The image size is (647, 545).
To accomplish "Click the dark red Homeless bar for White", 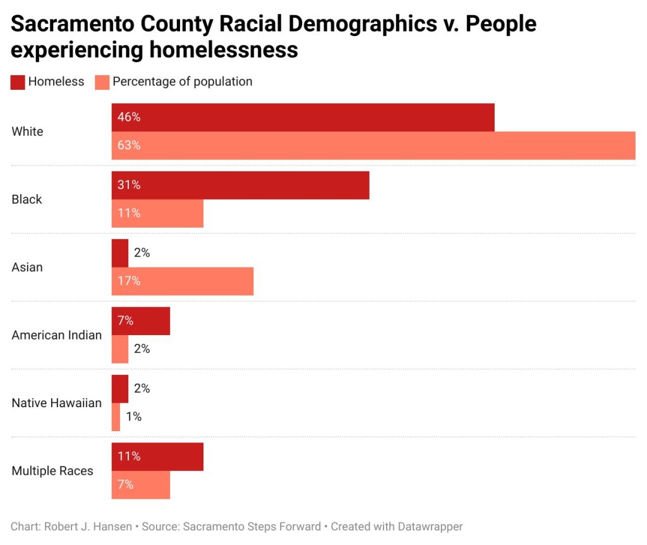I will click(x=303, y=118).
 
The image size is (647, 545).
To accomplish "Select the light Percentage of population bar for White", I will click(x=373, y=145).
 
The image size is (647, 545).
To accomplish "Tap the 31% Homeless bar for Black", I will click(x=241, y=185).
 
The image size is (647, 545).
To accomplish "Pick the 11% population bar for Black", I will click(x=158, y=213).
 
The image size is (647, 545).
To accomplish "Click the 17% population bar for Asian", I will click(x=183, y=281).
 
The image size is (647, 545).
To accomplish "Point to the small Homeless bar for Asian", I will click(x=120, y=253).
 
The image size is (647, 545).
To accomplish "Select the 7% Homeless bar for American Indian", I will click(x=141, y=321).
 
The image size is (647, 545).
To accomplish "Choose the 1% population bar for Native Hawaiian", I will click(x=116, y=417).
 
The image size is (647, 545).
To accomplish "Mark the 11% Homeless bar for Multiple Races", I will click(x=158, y=456).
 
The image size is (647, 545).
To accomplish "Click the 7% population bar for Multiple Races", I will click(x=141, y=484).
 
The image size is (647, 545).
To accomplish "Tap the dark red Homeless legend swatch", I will click(x=18, y=82).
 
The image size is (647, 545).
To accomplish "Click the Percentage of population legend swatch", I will click(x=102, y=82).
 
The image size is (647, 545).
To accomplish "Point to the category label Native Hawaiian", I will click(x=56, y=403).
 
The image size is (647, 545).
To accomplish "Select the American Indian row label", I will click(x=56, y=335).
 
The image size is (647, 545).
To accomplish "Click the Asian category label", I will click(x=27, y=267).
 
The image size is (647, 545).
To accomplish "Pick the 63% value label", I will click(x=129, y=145).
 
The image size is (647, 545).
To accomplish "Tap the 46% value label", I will click(x=129, y=118).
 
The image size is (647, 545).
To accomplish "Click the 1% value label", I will click(x=133, y=417).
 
